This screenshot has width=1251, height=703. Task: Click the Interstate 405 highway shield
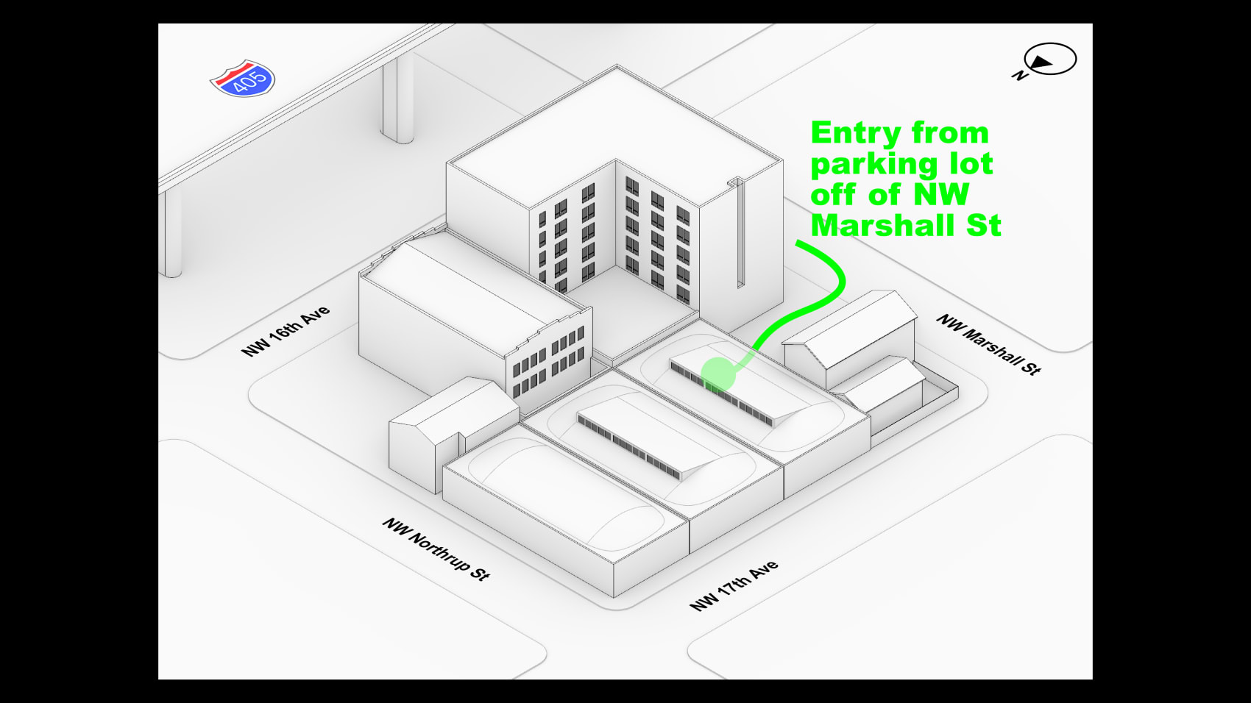pyautogui.click(x=243, y=79)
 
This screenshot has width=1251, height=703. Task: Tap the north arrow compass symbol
pyautogui.click(x=1050, y=60)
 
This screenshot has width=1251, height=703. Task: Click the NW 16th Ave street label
pyautogui.click(x=286, y=331)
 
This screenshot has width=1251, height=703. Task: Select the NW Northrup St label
pyautogui.click(x=436, y=549)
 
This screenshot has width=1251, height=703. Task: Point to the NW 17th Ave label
pyautogui.click(x=734, y=586)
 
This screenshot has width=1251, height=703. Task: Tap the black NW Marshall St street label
pyautogui.click(x=988, y=343)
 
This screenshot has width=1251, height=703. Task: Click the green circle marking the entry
pyautogui.click(x=717, y=374)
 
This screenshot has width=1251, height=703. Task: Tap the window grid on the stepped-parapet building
pyautogui.click(x=548, y=364)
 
